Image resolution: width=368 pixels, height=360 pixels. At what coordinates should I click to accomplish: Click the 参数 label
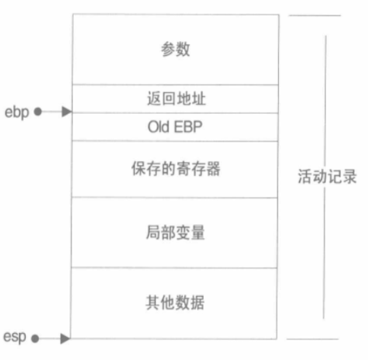[x=175, y=49]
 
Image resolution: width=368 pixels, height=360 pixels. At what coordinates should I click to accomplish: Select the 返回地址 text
[x=177, y=98]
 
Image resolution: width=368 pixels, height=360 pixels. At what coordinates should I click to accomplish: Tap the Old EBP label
[x=175, y=127]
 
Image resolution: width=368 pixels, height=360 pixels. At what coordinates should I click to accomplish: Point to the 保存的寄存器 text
[x=176, y=169]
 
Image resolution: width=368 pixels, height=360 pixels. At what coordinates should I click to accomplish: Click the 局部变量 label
[x=175, y=233]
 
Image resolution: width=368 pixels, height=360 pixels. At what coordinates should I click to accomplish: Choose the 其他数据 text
[x=175, y=303]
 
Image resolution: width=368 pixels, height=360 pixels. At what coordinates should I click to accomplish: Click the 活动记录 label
[x=327, y=176]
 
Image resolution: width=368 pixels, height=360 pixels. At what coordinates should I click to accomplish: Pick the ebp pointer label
[x=17, y=113]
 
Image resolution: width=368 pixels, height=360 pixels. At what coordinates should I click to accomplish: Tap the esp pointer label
[x=15, y=337]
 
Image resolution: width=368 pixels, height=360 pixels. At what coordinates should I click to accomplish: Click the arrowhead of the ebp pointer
[x=66, y=111]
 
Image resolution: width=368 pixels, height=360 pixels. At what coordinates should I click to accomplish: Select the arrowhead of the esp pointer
[x=65, y=338]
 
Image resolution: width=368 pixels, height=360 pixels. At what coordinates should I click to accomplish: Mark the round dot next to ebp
[x=38, y=111]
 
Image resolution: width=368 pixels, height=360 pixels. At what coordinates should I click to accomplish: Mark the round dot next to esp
[x=35, y=338]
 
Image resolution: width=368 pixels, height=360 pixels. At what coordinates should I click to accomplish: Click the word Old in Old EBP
[x=158, y=127]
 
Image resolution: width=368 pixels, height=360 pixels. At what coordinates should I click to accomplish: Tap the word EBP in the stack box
[x=188, y=127]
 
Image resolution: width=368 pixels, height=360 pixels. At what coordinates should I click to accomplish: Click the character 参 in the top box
[x=168, y=49]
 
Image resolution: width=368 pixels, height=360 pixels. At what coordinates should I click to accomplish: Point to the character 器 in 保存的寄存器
[x=213, y=169]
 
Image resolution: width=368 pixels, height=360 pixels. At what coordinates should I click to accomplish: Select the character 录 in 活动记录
[x=350, y=176]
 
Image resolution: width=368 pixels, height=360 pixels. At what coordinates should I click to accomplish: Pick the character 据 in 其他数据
[x=197, y=303]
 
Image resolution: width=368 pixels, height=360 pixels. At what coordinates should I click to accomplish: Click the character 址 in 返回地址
[x=199, y=98]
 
